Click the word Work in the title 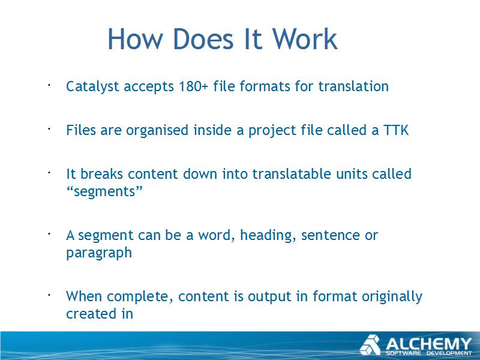pyautogui.click(x=305, y=39)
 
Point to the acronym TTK pyautogui.click(x=396, y=130)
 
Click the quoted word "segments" pyautogui.click(x=104, y=192)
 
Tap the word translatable pyautogui.click(x=292, y=174)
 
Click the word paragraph pyautogui.click(x=99, y=253)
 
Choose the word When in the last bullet pyautogui.click(x=85, y=296)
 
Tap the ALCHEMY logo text pyautogui.click(x=428, y=344)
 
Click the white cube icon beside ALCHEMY pyautogui.click(x=370, y=346)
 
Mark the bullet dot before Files pyautogui.click(x=49, y=129)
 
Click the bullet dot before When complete pyautogui.click(x=49, y=295)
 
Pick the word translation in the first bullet pyautogui.click(x=353, y=86)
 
